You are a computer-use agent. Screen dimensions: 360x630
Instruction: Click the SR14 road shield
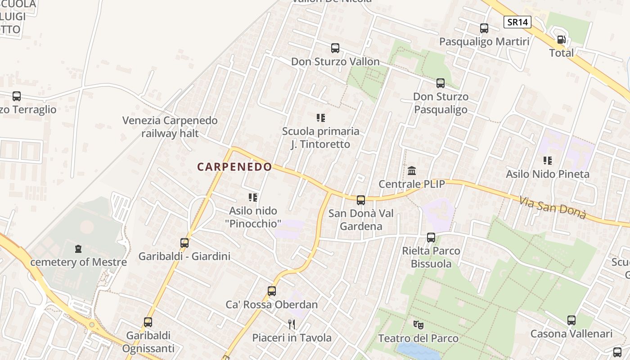517,22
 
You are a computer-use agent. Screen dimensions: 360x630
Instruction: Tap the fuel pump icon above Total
561,40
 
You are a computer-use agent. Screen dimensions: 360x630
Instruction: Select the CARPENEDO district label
234,167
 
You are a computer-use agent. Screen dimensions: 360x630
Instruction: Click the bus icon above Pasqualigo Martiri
484,28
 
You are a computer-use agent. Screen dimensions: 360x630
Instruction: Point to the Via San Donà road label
553,207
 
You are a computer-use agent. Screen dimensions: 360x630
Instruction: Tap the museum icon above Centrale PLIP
412,171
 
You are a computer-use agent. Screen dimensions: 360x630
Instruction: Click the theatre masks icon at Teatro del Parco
418,324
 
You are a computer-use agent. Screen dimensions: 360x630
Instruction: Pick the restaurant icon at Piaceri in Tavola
292,324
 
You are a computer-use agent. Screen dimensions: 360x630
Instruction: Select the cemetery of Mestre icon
79,248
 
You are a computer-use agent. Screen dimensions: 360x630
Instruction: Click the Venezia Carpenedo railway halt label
170,127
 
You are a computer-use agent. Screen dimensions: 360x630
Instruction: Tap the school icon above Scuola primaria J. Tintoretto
321,118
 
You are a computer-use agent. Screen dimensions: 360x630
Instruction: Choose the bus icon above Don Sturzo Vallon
335,48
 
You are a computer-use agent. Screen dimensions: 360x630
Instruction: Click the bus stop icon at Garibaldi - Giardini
184,243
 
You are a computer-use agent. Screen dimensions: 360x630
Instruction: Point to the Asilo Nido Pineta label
548,174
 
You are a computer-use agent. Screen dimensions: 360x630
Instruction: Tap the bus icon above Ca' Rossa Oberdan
272,291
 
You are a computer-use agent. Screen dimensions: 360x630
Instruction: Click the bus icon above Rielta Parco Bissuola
431,238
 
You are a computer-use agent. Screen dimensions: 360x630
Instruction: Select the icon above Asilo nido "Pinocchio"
253,197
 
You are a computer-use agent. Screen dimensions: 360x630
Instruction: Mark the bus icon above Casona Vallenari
571,320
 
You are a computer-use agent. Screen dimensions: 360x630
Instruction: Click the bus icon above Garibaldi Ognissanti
148,322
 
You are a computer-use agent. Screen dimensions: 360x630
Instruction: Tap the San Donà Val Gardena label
361,220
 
